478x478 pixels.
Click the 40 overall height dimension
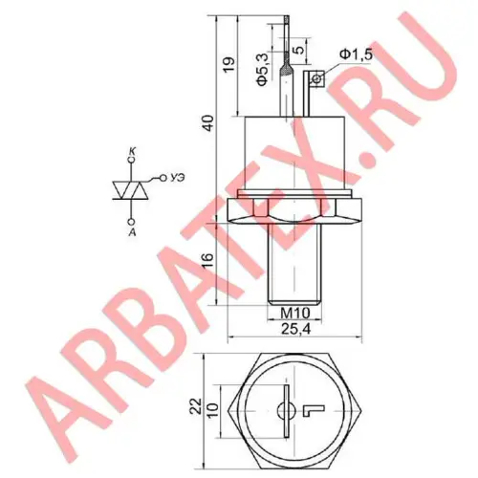click(209, 122)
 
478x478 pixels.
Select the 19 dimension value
click(229, 64)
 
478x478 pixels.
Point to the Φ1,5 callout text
click(356, 54)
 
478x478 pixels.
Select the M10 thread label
click(294, 314)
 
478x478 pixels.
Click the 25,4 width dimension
click(295, 330)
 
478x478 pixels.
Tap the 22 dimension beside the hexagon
click(196, 405)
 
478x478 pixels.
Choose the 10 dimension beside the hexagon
click(212, 410)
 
